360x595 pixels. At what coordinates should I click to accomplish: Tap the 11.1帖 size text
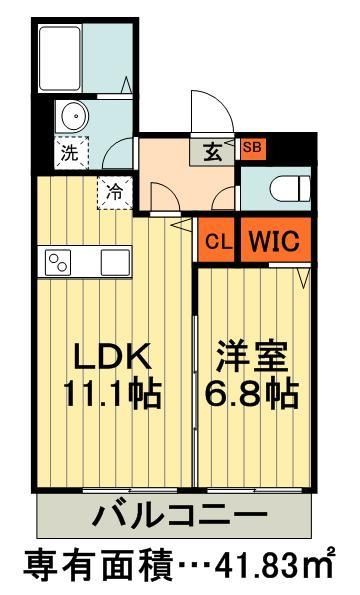[112, 393]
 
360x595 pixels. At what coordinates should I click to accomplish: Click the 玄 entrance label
[214, 152]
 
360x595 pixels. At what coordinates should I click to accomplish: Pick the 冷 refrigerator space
[115, 191]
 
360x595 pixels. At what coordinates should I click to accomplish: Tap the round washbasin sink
[75, 118]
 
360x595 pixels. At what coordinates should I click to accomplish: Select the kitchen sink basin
[115, 263]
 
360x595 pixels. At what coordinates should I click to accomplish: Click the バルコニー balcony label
[180, 517]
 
